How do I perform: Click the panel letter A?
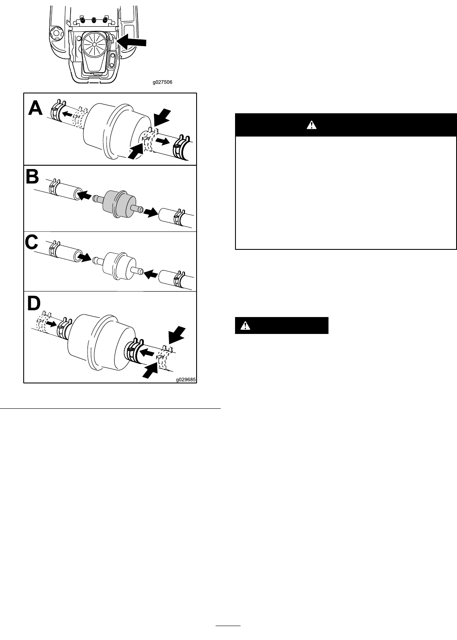coord(35,109)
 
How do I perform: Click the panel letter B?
coord(32,177)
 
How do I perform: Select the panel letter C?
coord(31,242)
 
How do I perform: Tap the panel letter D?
coord(34,303)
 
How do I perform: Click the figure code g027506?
coord(162,82)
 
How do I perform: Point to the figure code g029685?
coord(186,380)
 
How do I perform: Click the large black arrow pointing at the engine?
coord(132,42)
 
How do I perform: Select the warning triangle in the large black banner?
coord(311,125)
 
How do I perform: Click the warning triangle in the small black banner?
coord(245,325)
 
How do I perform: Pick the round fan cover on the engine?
coord(94,44)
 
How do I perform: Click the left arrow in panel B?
coord(85,196)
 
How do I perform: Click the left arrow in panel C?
coord(85,257)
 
